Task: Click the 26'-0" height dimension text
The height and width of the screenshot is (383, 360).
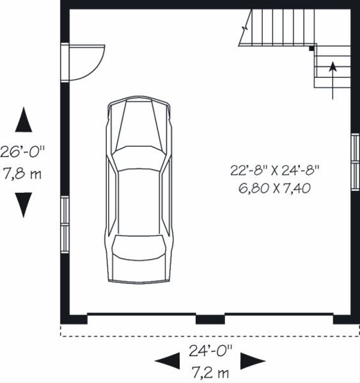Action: point(22,152)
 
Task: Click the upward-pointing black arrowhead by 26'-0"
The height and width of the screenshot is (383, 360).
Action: point(23,120)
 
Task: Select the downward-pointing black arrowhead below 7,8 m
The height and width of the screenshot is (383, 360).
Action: point(23,204)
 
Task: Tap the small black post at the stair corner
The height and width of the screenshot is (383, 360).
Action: point(311,49)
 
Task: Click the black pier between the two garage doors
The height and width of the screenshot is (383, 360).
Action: point(209,318)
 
